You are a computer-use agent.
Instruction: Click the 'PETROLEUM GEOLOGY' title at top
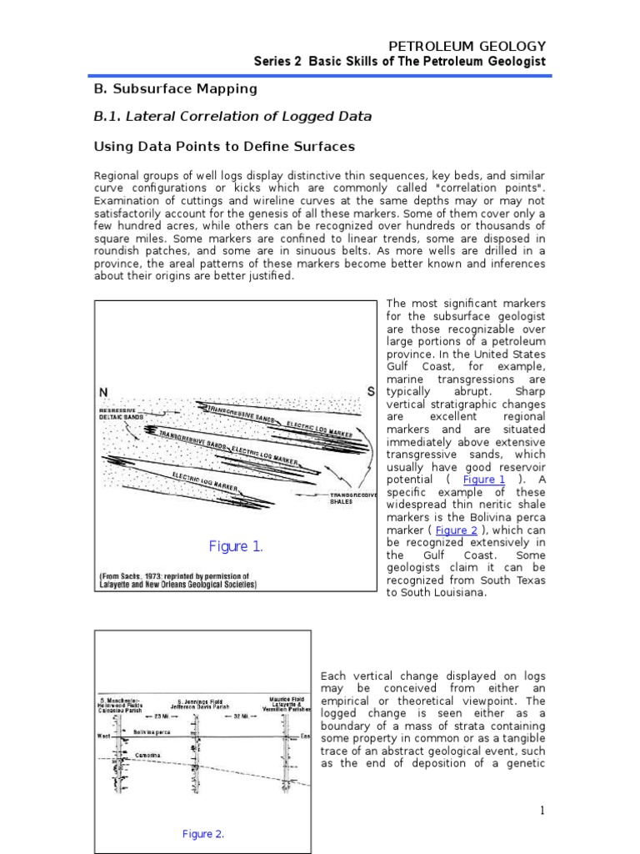(468, 46)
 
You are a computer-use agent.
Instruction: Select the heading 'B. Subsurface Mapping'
(174, 88)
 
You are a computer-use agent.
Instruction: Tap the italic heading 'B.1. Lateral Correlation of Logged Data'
(232, 117)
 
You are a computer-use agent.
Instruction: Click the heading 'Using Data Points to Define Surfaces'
(223, 147)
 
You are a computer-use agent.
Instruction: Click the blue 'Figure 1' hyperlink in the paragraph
(484, 480)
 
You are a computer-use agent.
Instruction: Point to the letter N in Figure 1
(103, 393)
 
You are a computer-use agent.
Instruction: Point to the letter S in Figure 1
(371, 392)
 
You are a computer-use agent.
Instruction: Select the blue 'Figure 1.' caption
(236, 546)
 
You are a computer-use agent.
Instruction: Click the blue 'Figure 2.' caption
(202, 833)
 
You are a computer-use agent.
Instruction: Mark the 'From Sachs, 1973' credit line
(177, 580)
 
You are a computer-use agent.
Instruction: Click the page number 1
(541, 810)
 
